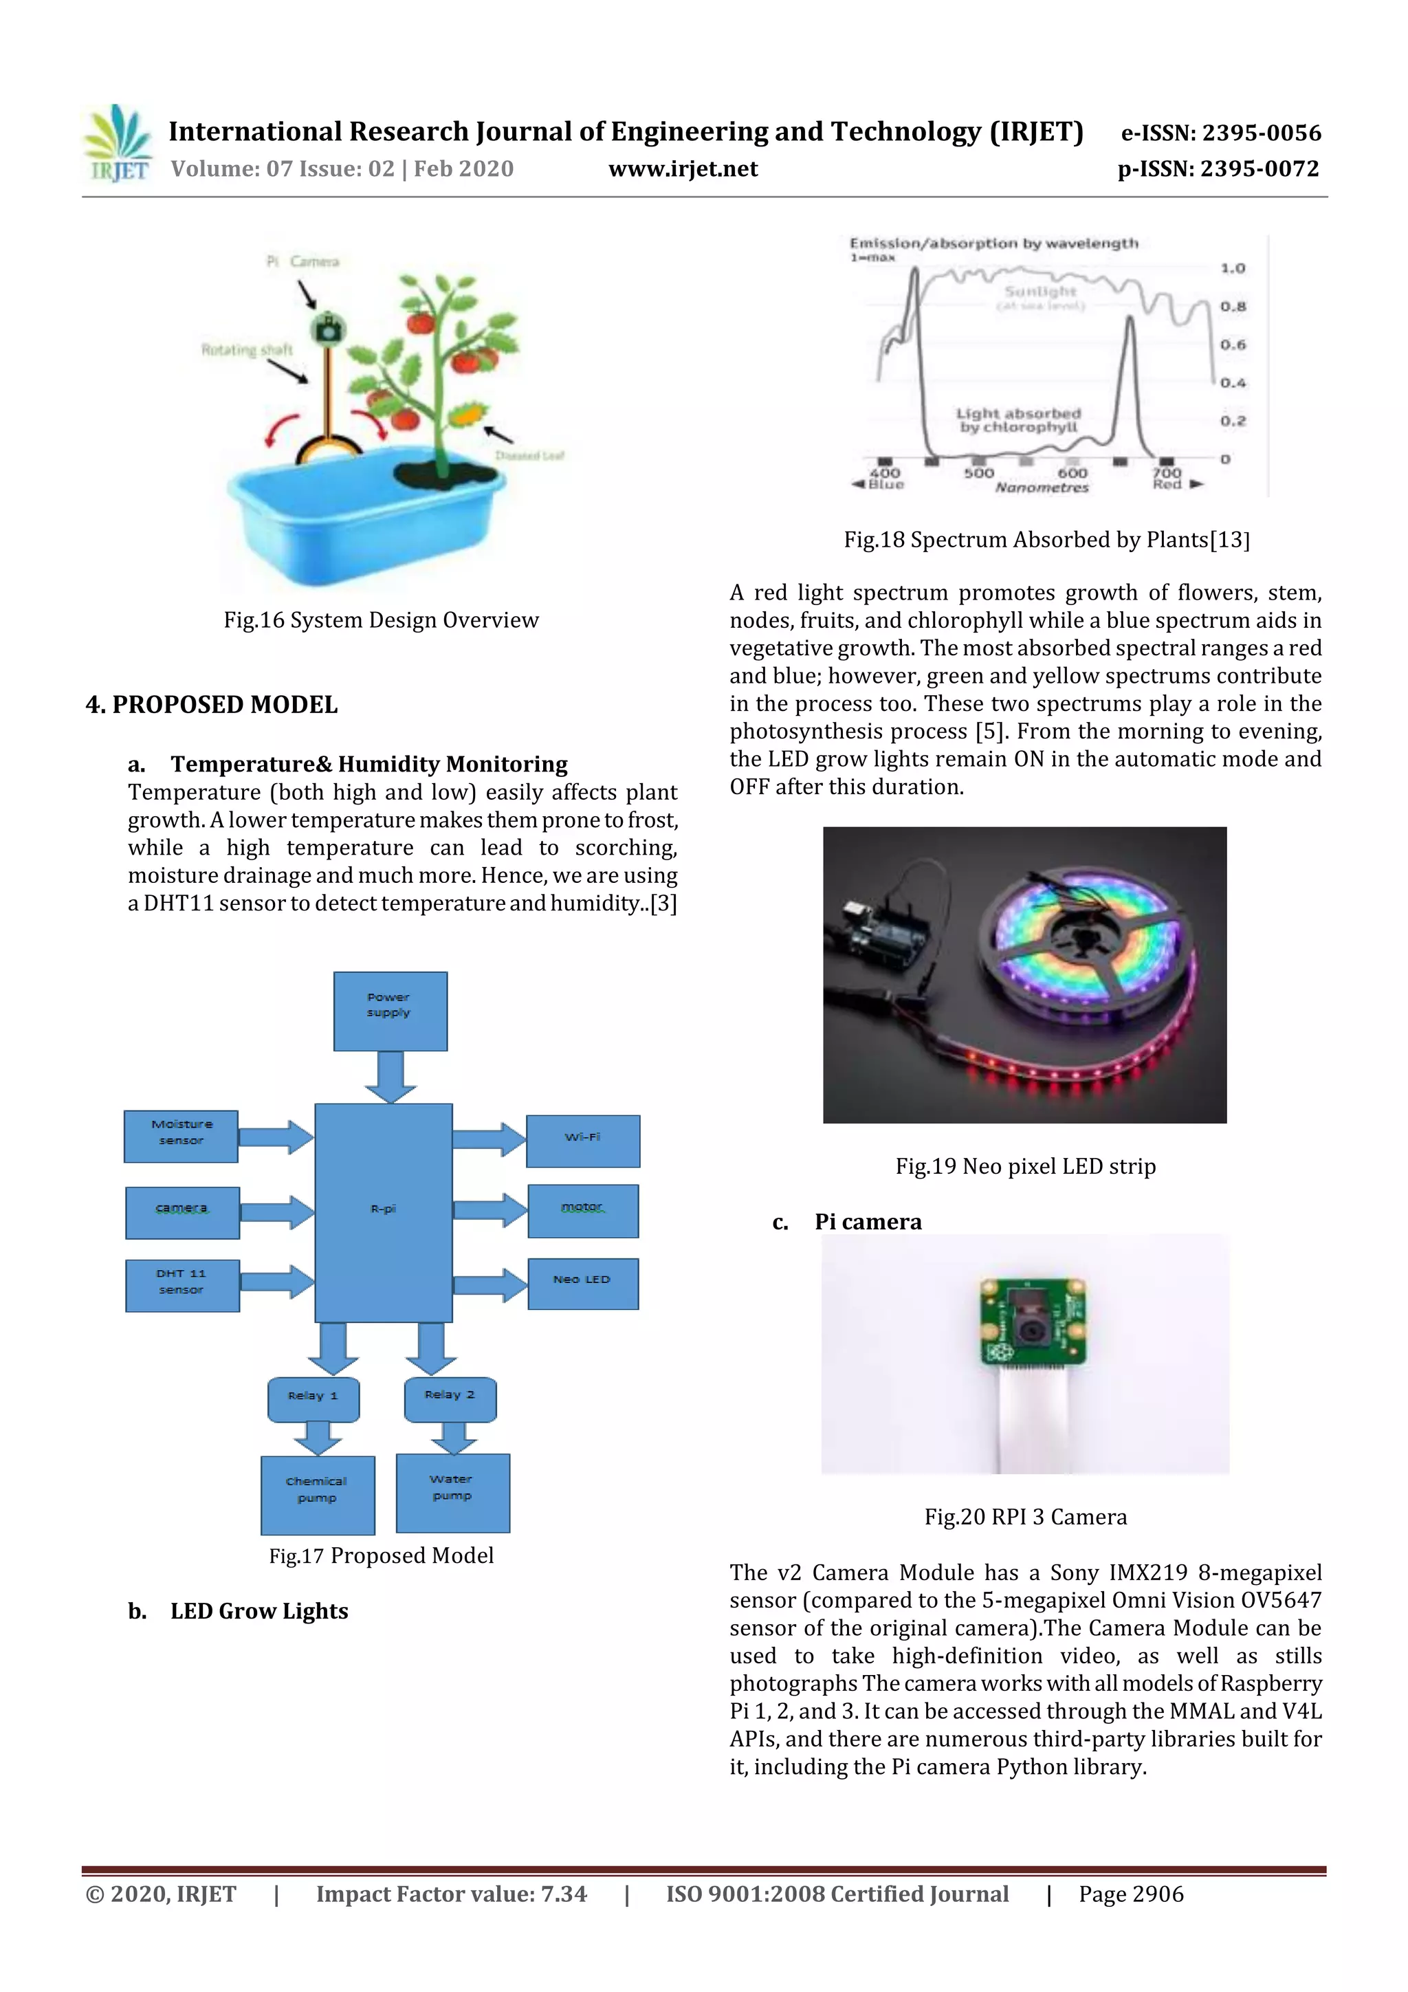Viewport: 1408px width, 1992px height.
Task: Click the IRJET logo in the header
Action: point(118,144)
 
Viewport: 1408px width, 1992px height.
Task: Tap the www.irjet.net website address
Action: point(683,168)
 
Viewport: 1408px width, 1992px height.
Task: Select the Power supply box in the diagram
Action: point(390,1011)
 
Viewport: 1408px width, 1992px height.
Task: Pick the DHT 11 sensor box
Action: point(182,1285)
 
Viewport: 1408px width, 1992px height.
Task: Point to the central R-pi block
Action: point(384,1212)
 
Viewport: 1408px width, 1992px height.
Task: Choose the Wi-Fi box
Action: point(583,1141)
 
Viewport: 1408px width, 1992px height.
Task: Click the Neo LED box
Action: point(583,1283)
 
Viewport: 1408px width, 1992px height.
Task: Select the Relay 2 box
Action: point(450,1399)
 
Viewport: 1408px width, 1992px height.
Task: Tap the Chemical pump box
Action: point(318,1494)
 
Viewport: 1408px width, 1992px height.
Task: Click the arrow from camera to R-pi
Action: point(276,1212)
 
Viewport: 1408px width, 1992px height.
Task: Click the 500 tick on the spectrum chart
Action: point(978,473)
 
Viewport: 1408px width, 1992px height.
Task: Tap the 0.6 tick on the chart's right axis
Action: point(1232,344)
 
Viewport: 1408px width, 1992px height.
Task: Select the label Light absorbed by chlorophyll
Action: point(1018,420)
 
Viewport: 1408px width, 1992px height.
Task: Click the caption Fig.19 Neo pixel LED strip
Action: point(1026,1166)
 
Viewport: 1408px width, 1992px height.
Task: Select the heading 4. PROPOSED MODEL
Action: point(212,705)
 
